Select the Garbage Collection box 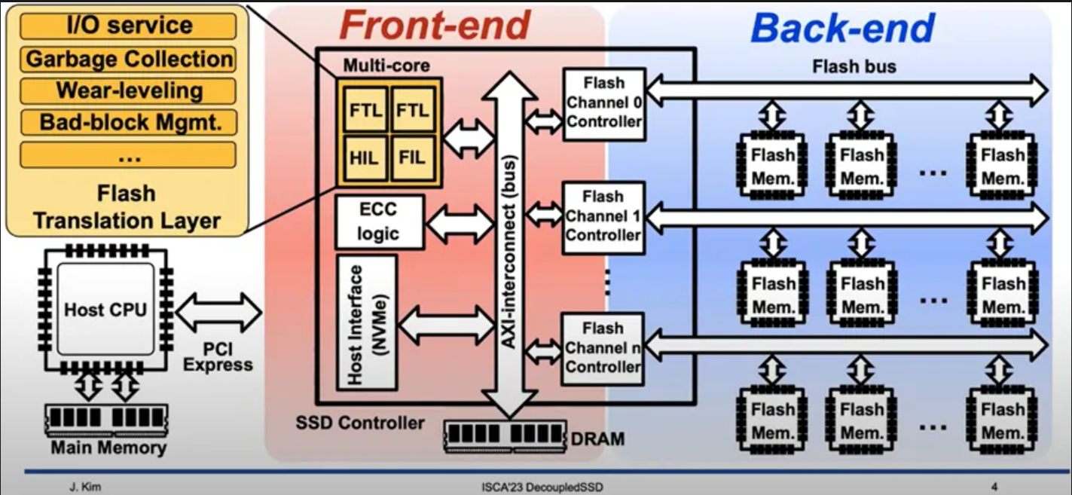[128, 59]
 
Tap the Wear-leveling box [128, 90]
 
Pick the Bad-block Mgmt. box [128, 122]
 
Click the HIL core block [364, 158]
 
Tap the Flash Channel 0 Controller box [604, 102]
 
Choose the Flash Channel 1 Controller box [604, 216]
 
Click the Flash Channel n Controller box [604, 348]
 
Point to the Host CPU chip [105, 310]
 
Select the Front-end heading [435, 27]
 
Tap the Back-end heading [842, 29]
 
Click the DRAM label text [597, 438]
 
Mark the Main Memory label [108, 448]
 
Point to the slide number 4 [994, 487]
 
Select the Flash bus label [854, 66]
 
